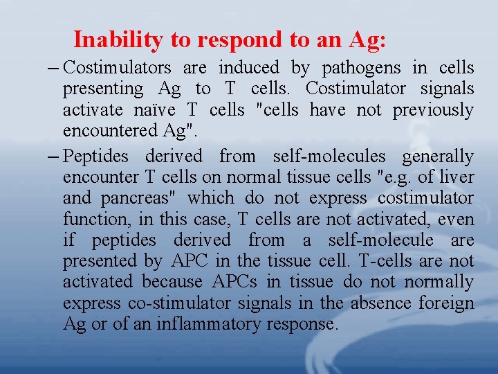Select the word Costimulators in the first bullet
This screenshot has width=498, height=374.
pyautogui.click(x=117, y=68)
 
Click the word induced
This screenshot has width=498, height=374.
pyautogui.click(x=248, y=68)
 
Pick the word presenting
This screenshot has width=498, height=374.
pyautogui.click(x=103, y=89)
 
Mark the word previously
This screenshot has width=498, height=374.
pyautogui.click(x=433, y=110)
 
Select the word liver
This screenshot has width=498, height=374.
pyautogui.click(x=457, y=177)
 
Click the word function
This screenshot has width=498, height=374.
pyautogui.click(x=91, y=220)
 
